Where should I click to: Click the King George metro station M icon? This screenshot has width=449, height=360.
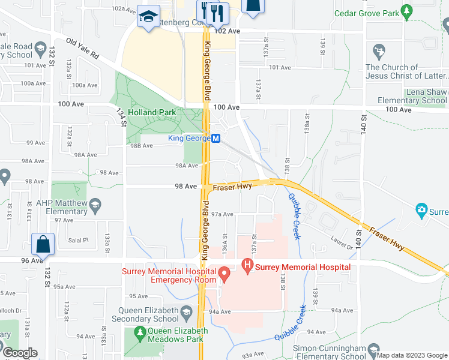click(217, 138)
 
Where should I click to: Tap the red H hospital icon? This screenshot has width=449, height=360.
click(246, 264)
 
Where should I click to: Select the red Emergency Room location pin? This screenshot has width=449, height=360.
click(224, 275)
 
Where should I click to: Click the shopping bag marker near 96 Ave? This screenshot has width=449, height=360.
click(44, 244)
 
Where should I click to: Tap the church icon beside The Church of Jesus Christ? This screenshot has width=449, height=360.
click(379, 50)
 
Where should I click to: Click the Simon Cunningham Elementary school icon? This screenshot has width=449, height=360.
click(373, 351)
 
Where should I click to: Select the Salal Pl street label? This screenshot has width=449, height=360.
click(79, 240)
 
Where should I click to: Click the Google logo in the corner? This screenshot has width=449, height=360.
click(19, 353)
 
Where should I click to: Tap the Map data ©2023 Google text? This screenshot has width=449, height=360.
click(412, 355)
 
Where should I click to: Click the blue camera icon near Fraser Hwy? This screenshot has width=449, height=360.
click(421, 211)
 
